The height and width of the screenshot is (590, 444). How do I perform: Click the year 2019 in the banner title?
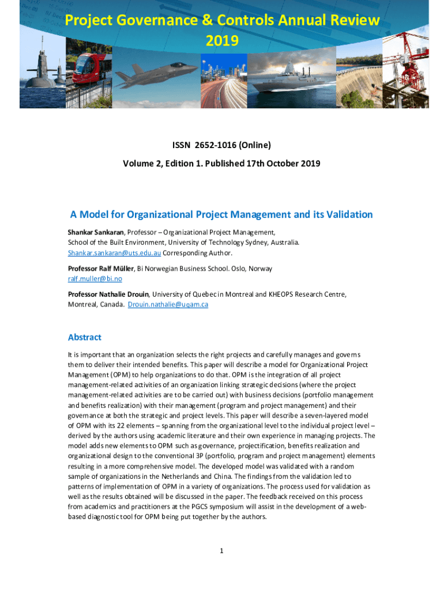222,41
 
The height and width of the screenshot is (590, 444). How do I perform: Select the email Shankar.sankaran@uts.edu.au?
115,253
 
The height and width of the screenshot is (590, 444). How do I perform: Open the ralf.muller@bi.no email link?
95,279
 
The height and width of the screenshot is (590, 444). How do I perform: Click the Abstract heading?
85,337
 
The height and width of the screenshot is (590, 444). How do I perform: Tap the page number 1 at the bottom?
221,551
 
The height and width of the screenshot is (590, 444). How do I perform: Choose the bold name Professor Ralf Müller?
101,268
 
